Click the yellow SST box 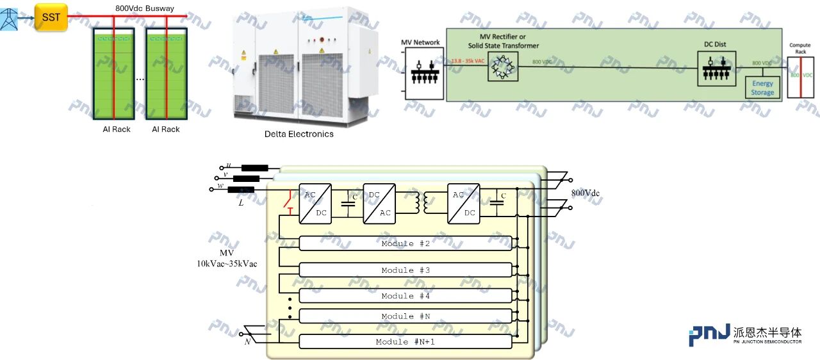point(51,17)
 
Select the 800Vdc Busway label point(149,8)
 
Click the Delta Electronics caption point(299,134)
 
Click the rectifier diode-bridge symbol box point(502,66)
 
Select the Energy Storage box point(762,88)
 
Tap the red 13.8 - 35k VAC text point(468,61)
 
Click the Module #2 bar point(406,244)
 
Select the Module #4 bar point(406,296)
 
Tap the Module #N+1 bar point(406,342)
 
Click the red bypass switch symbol point(290,202)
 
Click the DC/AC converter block point(379,204)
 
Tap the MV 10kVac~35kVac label point(227,258)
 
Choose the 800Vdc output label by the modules point(585,193)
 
